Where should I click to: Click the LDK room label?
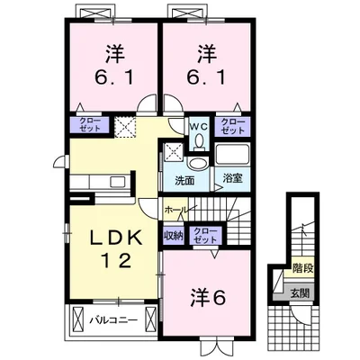coord(116,238)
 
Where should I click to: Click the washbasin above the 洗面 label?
coord(198,164)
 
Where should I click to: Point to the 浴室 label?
coord(233,178)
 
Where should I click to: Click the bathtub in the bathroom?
coord(232,155)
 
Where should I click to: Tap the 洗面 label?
coord(184,181)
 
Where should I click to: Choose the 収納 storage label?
coord(174,236)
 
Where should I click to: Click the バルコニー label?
coord(114,320)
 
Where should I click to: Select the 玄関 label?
coord(300,292)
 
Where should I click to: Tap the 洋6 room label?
coord(208,298)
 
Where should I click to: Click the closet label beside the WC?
coord(233,127)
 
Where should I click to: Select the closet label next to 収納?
coord(205,236)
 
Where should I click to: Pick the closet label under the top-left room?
coord(90,125)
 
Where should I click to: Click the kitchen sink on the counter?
coord(117,182)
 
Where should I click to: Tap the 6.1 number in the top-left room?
coord(114,77)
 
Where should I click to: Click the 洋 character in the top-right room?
coord(207,54)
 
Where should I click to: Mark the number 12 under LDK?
coord(117,260)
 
